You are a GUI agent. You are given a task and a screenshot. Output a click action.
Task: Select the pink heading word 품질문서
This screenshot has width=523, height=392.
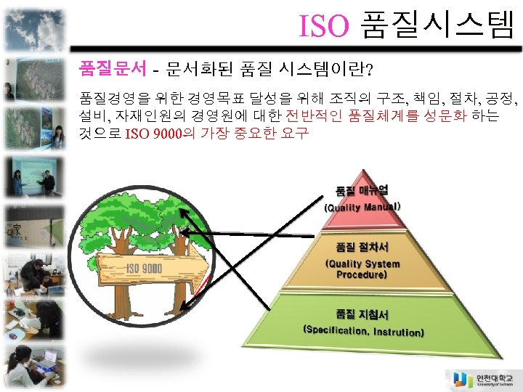click(x=108, y=70)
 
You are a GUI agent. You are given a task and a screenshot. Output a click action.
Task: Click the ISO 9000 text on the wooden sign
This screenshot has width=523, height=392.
click(x=145, y=269)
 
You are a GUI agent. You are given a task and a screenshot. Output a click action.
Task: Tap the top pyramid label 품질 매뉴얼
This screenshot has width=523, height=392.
click(x=361, y=190)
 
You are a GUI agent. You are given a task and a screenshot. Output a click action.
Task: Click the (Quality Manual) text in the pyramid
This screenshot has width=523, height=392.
click(x=362, y=207)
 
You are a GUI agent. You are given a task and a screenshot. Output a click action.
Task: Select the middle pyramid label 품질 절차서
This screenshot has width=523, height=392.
click(x=362, y=248)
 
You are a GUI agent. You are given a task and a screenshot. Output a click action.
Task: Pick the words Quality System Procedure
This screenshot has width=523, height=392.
click(x=362, y=269)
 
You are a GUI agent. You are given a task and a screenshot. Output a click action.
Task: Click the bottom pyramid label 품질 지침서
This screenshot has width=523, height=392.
click(x=362, y=314)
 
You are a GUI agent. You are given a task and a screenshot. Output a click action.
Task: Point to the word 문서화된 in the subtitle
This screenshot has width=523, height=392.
click(x=195, y=70)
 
